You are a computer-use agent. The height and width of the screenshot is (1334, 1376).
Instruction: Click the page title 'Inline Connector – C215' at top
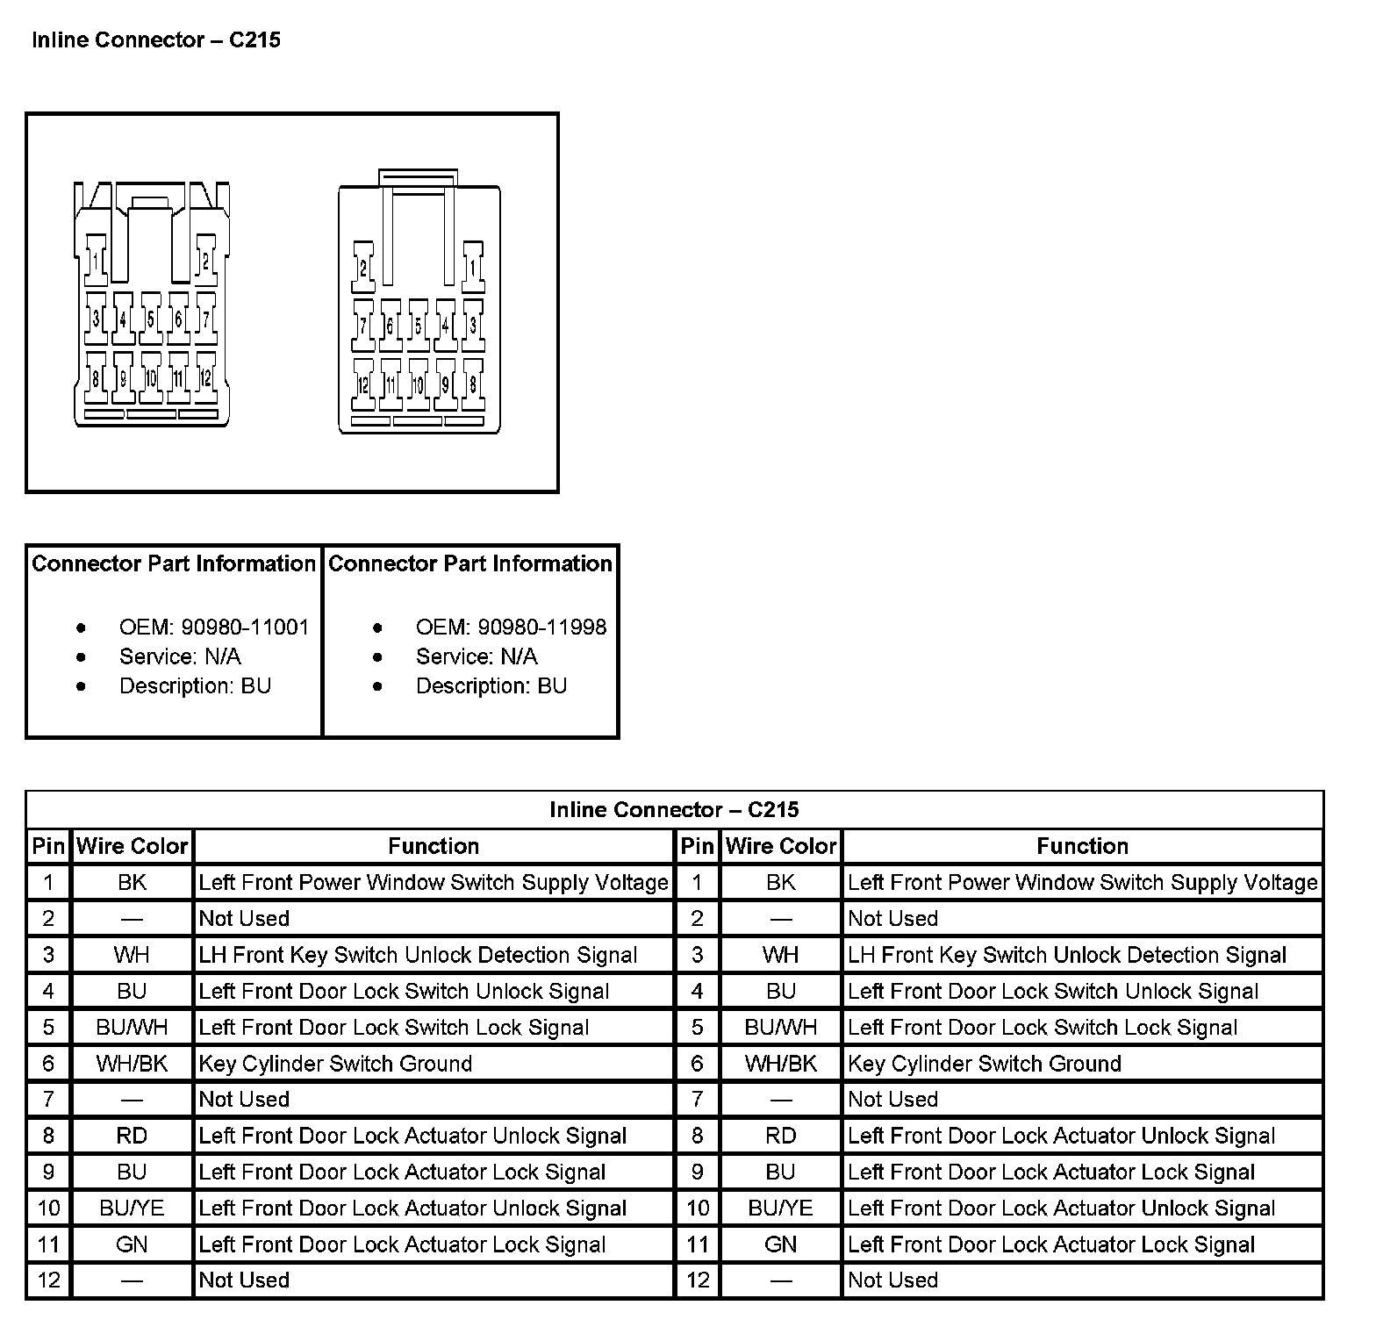pyautogui.click(x=156, y=40)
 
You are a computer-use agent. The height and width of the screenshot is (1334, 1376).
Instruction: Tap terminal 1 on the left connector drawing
pyautogui.click(x=95, y=260)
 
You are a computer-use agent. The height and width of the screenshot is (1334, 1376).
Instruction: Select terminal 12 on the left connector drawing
pyautogui.click(x=206, y=378)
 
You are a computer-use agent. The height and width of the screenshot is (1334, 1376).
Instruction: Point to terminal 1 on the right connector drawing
pyautogui.click(x=473, y=266)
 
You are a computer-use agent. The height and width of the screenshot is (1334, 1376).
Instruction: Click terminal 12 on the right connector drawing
pyautogui.click(x=363, y=384)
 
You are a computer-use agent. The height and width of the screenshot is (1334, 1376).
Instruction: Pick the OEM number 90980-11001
pyautogui.click(x=245, y=628)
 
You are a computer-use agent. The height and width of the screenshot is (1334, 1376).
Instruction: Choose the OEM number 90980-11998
pyautogui.click(x=541, y=628)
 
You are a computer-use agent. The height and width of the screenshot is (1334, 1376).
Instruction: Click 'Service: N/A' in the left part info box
pyautogui.click(x=180, y=656)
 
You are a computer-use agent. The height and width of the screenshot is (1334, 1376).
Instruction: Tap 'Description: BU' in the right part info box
pyautogui.click(x=491, y=685)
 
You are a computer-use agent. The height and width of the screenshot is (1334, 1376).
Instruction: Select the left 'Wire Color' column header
pyautogui.click(x=133, y=846)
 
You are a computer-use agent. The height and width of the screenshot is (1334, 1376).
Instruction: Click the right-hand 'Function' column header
pyautogui.click(x=1082, y=846)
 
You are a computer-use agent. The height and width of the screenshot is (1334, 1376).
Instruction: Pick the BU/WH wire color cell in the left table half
pyautogui.click(x=133, y=1027)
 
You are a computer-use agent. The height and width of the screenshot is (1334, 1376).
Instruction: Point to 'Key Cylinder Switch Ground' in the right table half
pyautogui.click(x=985, y=1064)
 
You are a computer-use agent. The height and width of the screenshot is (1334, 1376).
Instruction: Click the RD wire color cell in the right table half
pyautogui.click(x=780, y=1136)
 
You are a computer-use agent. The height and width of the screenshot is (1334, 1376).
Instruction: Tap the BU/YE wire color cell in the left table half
pyautogui.click(x=133, y=1208)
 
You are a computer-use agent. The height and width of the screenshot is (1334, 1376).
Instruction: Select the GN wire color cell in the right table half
pyautogui.click(x=780, y=1244)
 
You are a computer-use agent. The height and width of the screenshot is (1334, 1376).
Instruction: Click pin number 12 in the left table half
pyautogui.click(x=49, y=1280)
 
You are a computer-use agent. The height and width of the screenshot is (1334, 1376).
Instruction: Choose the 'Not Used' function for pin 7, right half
pyautogui.click(x=892, y=1100)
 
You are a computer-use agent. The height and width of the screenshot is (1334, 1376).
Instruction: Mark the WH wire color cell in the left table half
pyautogui.click(x=133, y=955)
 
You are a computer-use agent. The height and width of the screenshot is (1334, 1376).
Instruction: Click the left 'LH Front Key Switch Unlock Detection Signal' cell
pyautogui.click(x=418, y=955)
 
